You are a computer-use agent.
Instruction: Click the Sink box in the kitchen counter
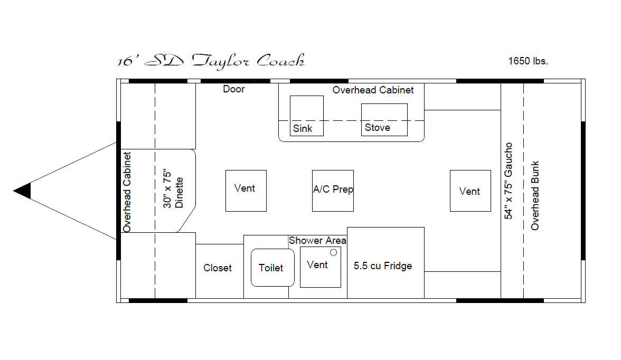click(x=306, y=116)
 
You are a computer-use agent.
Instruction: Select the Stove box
click(x=384, y=120)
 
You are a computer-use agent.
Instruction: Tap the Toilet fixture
click(x=272, y=267)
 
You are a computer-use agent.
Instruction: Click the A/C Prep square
click(x=333, y=191)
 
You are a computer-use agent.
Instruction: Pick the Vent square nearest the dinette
click(x=246, y=191)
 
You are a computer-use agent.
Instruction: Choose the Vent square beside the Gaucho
click(x=470, y=191)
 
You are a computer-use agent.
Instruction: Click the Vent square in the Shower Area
click(x=321, y=267)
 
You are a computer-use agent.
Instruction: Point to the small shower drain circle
click(x=334, y=252)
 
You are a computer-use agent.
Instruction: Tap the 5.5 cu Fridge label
click(x=382, y=266)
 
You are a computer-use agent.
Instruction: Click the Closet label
click(x=218, y=268)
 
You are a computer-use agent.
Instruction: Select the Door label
click(x=233, y=89)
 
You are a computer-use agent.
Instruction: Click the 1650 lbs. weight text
click(x=528, y=61)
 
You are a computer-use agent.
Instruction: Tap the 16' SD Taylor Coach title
click(x=211, y=61)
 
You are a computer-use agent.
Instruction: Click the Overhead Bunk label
click(x=534, y=196)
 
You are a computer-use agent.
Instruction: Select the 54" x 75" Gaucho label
click(x=508, y=181)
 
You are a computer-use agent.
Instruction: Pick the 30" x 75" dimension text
click(x=167, y=190)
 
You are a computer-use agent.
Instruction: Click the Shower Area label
click(x=317, y=240)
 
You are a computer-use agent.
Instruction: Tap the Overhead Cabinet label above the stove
click(x=373, y=90)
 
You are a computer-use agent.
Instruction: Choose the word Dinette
click(x=179, y=193)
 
